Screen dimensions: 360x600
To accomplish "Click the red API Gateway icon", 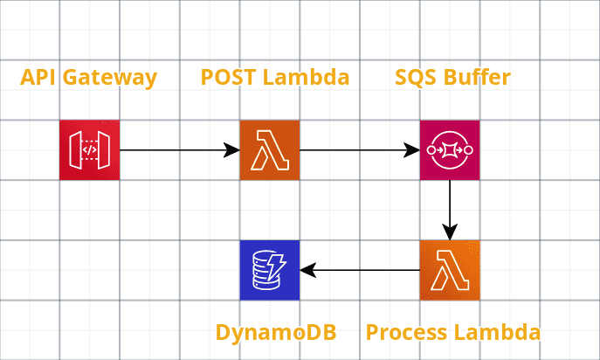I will click(x=90, y=150).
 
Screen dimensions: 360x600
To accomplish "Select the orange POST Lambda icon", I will click(x=270, y=150).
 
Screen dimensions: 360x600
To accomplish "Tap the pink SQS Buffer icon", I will click(x=450, y=150).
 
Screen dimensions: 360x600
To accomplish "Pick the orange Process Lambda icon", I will click(x=450, y=270).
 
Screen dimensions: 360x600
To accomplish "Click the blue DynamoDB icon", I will click(x=270, y=270).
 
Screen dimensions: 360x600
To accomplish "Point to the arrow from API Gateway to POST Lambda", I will click(x=179, y=150).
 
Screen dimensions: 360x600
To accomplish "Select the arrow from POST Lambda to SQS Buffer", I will click(x=359, y=150).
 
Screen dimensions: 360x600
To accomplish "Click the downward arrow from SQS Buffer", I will click(x=450, y=210).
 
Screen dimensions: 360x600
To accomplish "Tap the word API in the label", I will click(x=36, y=77).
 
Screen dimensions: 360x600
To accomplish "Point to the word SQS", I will click(x=415, y=77).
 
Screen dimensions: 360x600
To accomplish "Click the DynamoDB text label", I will click(x=275, y=333).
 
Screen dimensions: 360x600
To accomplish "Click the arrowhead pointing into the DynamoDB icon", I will click(x=308, y=270).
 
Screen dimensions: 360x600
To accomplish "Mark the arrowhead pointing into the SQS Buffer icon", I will click(x=411, y=150).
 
